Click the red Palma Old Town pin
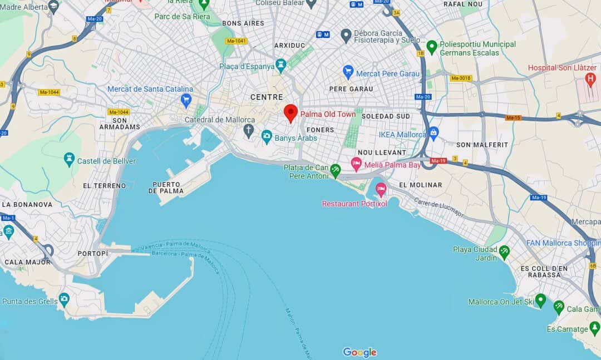click(290, 112)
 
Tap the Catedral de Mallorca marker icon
click(248, 131)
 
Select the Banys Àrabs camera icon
click(267, 137)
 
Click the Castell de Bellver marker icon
click(69, 159)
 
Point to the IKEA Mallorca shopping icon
click(433, 133)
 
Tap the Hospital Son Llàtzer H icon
click(590, 80)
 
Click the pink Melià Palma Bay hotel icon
click(356, 164)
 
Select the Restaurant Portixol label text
click(354, 204)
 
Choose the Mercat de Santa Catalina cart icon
click(186, 100)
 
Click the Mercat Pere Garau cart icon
click(348, 72)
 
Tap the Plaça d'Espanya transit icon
click(281, 65)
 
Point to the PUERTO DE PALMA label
click(168, 188)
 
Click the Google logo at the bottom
click(359, 352)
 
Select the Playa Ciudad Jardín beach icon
click(504, 252)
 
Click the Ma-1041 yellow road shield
click(236, 41)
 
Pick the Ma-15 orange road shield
click(513, 117)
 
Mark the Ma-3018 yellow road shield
click(461, 78)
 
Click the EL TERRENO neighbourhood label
click(104, 185)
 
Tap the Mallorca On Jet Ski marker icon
click(540, 300)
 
